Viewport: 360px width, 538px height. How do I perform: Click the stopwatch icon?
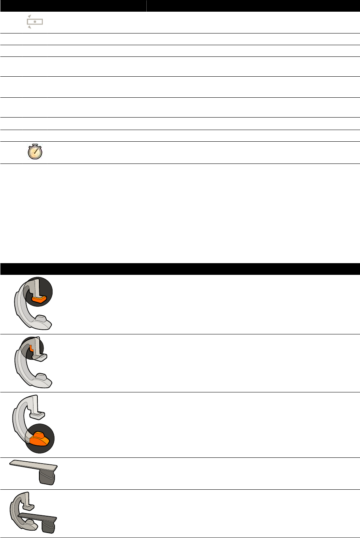pos(35,152)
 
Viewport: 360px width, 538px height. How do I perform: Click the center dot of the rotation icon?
pos(35,22)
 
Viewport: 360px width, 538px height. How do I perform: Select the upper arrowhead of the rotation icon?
pos(29,16)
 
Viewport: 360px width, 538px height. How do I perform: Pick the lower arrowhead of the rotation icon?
pos(30,28)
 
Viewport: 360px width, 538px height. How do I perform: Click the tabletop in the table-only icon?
pos(33,465)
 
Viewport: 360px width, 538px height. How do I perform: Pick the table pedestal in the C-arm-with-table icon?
pos(48,527)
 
